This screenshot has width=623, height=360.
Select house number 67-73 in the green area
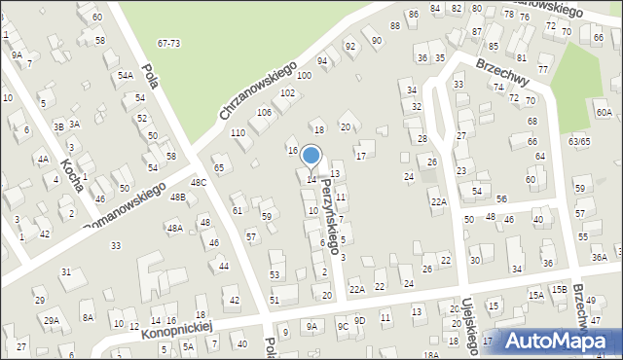click(169, 44)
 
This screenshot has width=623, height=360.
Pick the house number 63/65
click(579, 142)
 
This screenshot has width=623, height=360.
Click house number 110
click(238, 132)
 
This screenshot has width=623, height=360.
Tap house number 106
click(264, 113)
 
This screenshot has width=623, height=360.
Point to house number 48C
click(198, 183)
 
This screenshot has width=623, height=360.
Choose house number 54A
click(126, 75)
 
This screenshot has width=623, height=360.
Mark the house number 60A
click(605, 113)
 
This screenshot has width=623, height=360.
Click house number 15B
click(559, 290)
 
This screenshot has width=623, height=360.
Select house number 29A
click(51, 319)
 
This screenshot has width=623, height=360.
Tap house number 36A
click(600, 257)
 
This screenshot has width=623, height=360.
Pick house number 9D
click(359, 320)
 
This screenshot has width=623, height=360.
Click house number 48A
click(174, 229)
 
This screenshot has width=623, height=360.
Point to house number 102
click(287, 93)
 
